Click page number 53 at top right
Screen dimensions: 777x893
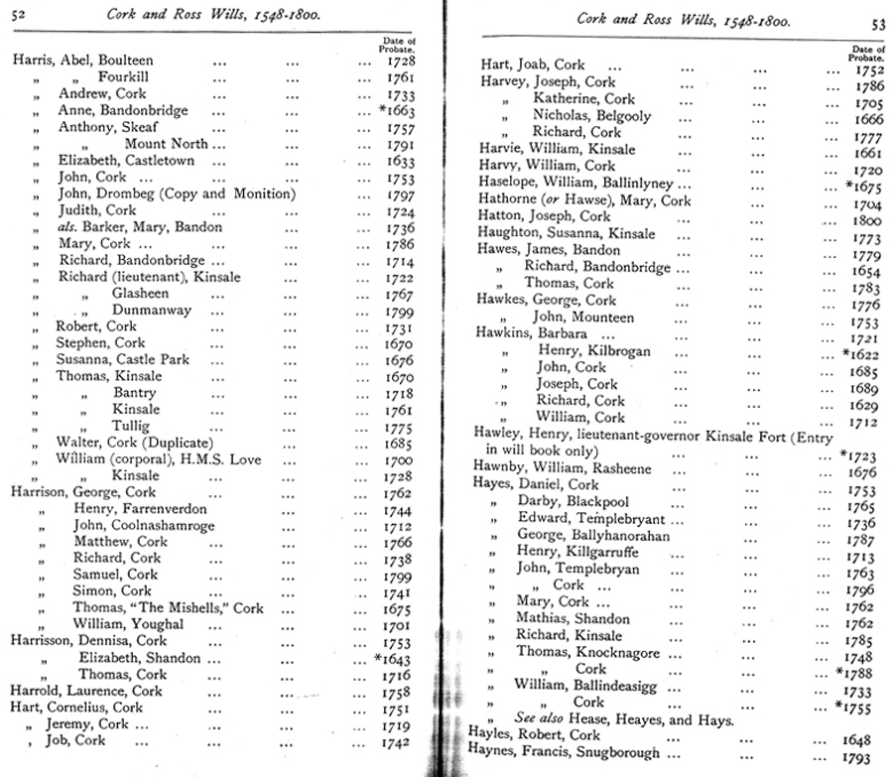pos(877,25)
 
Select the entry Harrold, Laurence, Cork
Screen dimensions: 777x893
pos(86,691)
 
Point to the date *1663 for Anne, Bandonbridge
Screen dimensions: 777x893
pos(396,110)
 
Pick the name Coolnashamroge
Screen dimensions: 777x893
pos(158,525)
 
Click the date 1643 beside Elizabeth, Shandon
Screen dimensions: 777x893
pos(398,657)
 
